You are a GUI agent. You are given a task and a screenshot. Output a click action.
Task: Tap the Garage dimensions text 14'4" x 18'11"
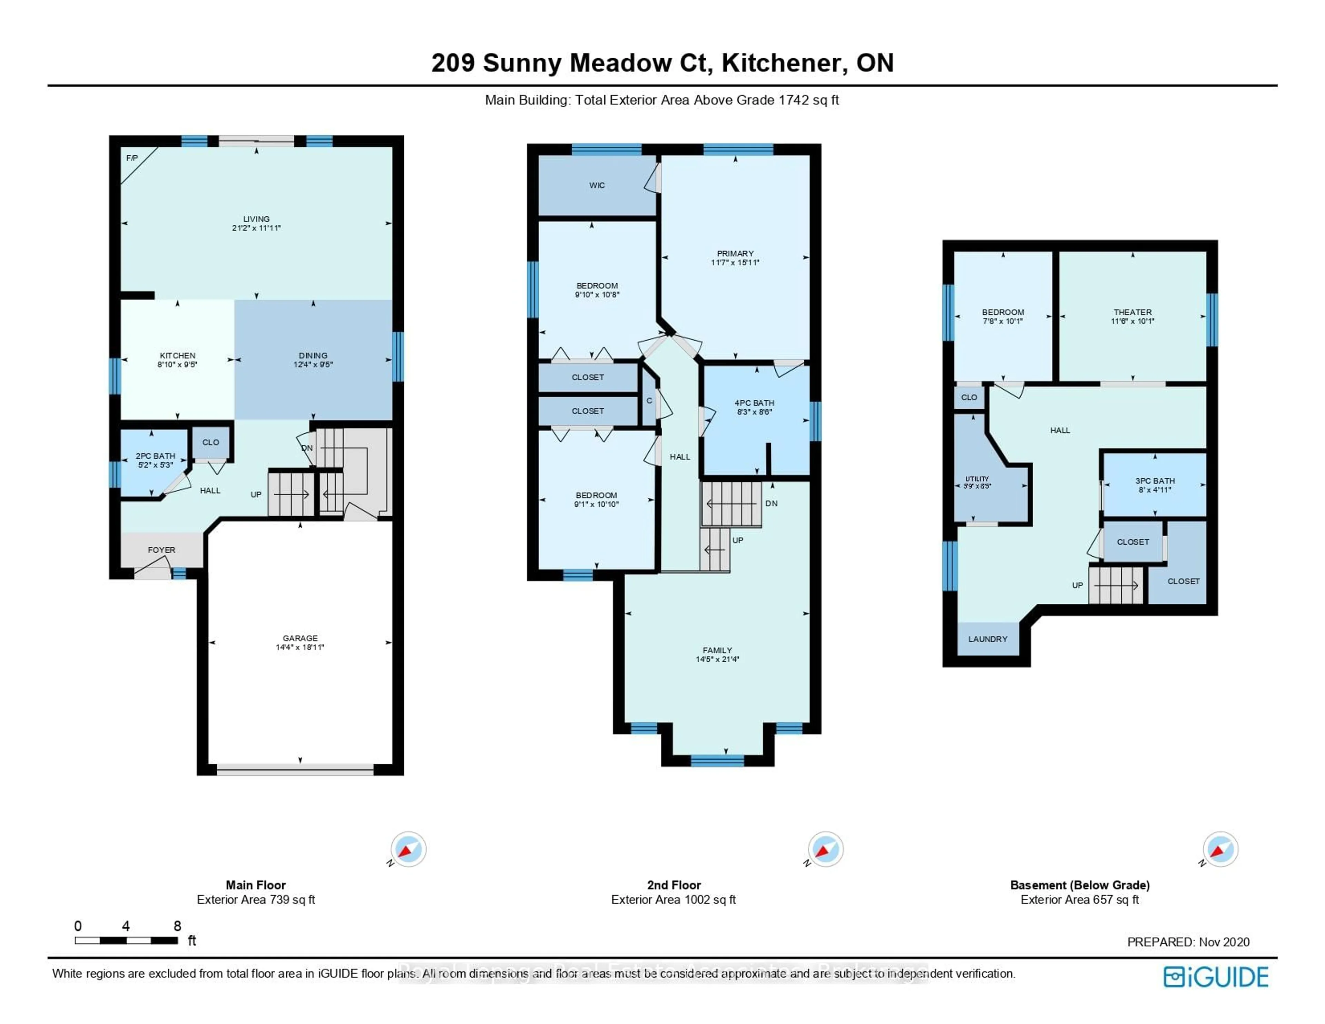300,647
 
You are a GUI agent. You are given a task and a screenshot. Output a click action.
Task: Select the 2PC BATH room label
155,456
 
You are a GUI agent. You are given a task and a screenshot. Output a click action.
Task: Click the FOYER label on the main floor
161,550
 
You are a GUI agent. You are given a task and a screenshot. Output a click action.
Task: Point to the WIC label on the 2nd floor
597,185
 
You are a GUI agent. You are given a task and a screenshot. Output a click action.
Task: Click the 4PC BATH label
754,403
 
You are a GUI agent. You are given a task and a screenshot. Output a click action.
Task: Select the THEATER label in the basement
1132,312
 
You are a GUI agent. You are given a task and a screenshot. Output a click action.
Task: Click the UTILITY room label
977,479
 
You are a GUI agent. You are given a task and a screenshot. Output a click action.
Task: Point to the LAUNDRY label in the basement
988,639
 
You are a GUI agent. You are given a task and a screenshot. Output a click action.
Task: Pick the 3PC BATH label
1155,481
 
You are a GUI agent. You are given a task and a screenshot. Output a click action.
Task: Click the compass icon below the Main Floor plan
408,849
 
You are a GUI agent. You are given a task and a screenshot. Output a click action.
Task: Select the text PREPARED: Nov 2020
1188,942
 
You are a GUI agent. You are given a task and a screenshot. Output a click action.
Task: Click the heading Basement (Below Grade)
1079,885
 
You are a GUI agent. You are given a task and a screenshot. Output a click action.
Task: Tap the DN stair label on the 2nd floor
771,503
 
